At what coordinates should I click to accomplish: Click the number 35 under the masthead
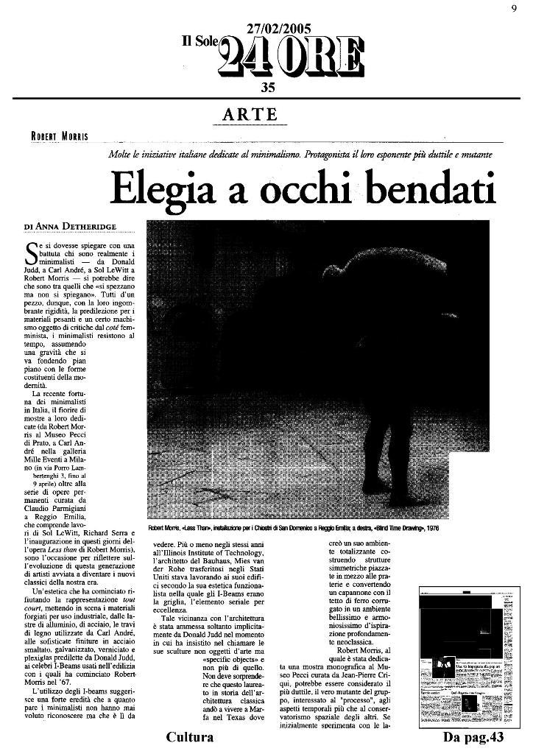pos(268,88)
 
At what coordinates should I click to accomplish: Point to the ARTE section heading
pos(250,115)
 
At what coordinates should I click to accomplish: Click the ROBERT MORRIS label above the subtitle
pos(60,136)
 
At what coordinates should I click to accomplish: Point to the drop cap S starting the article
pos(31,253)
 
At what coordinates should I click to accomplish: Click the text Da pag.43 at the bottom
pos(473,736)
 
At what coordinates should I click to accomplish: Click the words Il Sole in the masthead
pos(201,43)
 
